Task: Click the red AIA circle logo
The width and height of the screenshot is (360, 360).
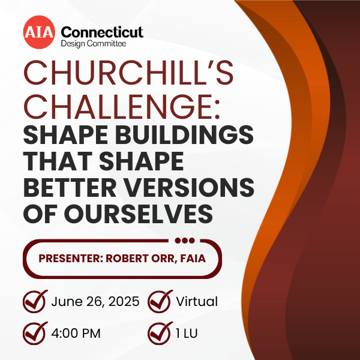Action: (39, 32)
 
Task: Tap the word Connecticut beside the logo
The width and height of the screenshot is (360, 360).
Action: (102, 32)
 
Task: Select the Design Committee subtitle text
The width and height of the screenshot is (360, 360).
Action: (94, 44)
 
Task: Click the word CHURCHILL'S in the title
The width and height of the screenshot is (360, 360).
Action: (128, 73)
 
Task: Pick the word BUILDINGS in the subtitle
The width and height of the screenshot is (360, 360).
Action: (184, 135)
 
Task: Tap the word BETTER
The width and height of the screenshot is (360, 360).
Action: (70, 188)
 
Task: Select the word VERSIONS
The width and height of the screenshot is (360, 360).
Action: (190, 188)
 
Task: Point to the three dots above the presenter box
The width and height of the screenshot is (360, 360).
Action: (185, 241)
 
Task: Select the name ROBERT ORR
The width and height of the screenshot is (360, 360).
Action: (140, 259)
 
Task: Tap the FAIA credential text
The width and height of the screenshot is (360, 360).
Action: (193, 259)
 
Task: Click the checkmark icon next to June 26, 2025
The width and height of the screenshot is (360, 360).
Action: (35, 301)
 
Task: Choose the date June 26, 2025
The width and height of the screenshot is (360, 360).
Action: (95, 301)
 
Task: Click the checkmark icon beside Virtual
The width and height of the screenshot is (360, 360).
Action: (160, 301)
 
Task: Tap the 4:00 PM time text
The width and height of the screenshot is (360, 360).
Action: (76, 334)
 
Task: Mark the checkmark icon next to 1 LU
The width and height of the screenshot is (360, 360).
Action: (160, 333)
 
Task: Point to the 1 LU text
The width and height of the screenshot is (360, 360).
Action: (187, 334)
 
